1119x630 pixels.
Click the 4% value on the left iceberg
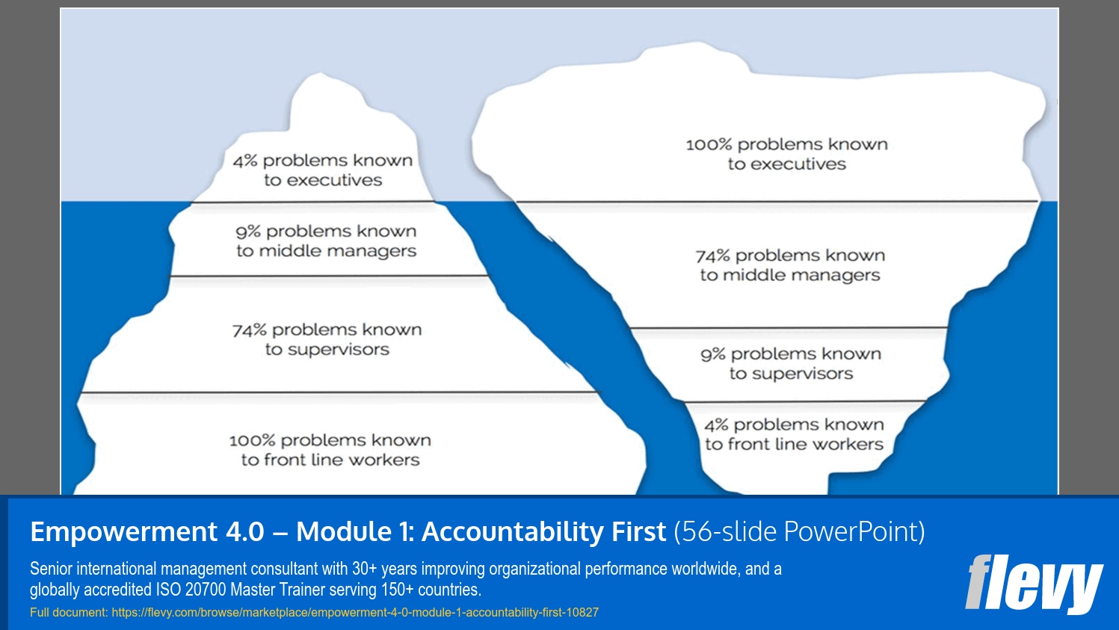[244, 161]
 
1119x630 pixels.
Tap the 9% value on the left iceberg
[247, 232]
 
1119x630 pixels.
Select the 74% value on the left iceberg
[249, 330]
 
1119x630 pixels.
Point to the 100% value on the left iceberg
[252, 441]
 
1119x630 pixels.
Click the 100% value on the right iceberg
[709, 145]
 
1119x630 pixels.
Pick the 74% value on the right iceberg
[712, 256]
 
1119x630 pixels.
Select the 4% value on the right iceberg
[715, 425]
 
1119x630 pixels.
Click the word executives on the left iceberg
[334, 181]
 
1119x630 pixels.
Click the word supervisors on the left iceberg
[338, 350]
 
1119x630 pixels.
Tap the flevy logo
[1033, 584]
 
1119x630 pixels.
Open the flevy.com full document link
[355, 613]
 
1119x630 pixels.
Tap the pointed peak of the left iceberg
[319, 75]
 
